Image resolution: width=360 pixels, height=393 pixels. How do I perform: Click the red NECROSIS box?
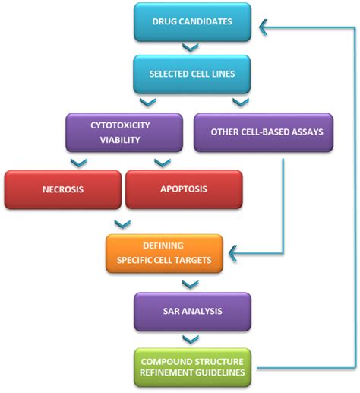coord(62,189)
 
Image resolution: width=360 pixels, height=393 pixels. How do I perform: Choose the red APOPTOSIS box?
coord(184,189)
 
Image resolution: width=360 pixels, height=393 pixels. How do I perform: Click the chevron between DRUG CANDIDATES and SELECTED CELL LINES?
coord(191,49)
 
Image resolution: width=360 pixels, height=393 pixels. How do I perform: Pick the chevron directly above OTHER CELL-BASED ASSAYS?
coord(239,102)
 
